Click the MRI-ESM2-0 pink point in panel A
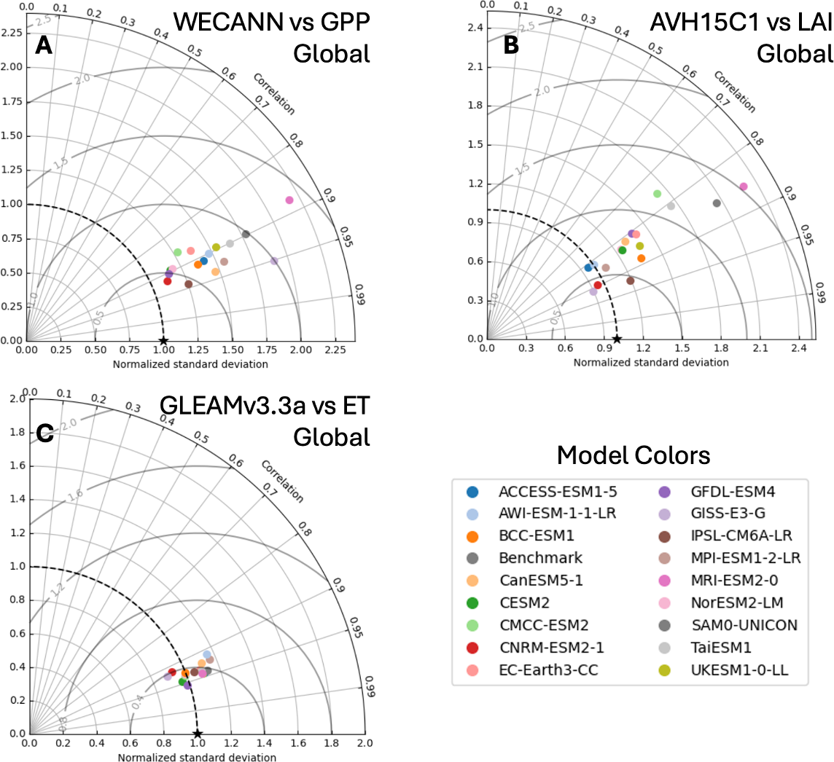pyautogui.click(x=289, y=200)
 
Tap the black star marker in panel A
pyautogui.click(x=163, y=340)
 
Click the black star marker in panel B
pyautogui.click(x=617, y=339)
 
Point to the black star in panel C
pyautogui.click(x=198, y=734)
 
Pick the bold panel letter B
pyautogui.click(x=511, y=47)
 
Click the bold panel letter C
pyautogui.click(x=45, y=435)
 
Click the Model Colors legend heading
pyautogui.click(x=633, y=456)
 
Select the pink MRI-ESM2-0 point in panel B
pyautogui.click(x=744, y=187)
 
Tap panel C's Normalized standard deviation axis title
pyautogui.click(x=198, y=758)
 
